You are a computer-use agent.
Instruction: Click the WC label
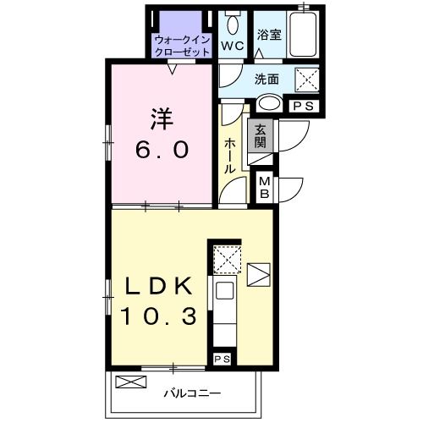point(232,46)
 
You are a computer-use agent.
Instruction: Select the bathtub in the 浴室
point(303,35)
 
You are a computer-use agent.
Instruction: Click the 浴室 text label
point(269,35)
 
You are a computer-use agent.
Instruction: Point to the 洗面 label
point(266,80)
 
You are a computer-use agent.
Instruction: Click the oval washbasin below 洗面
point(270,104)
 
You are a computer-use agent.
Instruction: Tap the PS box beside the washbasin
point(304,107)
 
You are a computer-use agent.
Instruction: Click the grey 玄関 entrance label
point(260,135)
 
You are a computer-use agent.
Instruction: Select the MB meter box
point(265,187)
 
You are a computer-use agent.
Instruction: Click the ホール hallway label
point(230,156)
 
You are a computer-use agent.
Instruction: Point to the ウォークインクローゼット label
point(183,46)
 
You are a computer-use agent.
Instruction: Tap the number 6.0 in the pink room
point(162,150)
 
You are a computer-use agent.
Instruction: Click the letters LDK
point(158,286)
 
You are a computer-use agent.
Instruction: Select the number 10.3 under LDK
point(158,316)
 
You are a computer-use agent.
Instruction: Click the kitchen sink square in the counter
point(224,290)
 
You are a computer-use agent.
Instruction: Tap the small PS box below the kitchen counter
point(222,360)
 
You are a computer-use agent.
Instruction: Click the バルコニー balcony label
point(192,393)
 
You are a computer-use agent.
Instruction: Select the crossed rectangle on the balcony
point(131,382)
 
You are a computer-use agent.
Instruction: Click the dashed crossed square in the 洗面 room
point(307,80)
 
